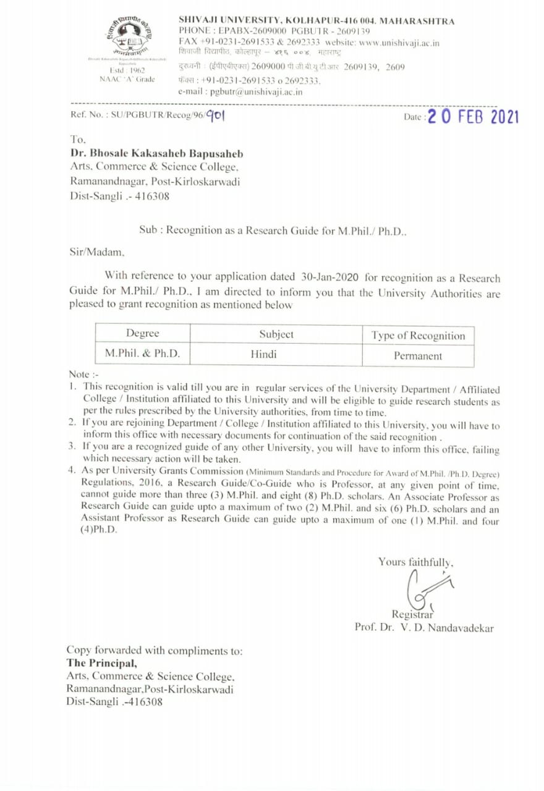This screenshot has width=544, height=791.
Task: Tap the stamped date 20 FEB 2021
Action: [x=473, y=117]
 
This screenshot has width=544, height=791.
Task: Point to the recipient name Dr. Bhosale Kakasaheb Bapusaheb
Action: [x=156, y=153]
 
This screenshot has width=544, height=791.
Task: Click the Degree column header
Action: [x=142, y=334]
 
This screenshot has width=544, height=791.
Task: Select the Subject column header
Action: [x=276, y=334]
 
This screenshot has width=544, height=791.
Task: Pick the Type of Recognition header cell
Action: [x=418, y=336]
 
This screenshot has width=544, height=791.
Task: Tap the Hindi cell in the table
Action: [x=263, y=355]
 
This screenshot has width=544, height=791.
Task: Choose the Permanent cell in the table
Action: [x=418, y=356]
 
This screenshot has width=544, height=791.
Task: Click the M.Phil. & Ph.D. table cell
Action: [x=142, y=354]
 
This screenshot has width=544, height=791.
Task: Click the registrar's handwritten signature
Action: [x=426, y=590]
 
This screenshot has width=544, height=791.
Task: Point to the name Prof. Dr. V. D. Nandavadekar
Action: [x=424, y=627]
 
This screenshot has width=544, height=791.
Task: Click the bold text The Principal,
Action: [x=102, y=662]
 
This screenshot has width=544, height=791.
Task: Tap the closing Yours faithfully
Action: [x=416, y=562]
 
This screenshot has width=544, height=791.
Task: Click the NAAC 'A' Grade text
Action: [x=127, y=79]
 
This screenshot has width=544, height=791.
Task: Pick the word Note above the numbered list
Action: [x=79, y=374]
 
